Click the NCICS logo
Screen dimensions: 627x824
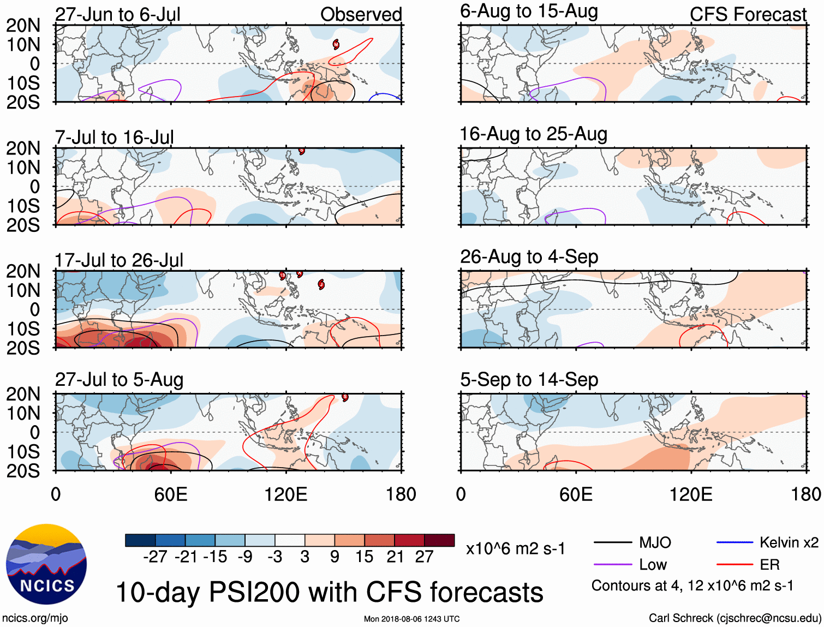(x=46, y=564)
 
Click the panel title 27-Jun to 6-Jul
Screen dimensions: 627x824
(x=117, y=15)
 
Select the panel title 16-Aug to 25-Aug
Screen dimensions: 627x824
(x=533, y=134)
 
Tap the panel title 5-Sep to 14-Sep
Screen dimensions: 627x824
(x=529, y=380)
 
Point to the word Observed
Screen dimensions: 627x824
(x=361, y=15)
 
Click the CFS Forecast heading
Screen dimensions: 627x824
(x=748, y=15)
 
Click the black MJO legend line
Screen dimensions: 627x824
(x=612, y=542)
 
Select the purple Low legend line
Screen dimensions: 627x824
(x=612, y=564)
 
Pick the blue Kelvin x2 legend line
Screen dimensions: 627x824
(x=735, y=542)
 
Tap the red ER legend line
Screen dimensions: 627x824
(x=735, y=564)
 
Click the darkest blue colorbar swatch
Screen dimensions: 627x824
(x=140, y=540)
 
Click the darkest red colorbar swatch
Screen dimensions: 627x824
(x=439, y=540)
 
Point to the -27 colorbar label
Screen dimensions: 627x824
(x=155, y=557)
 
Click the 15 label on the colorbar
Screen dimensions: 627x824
(x=365, y=557)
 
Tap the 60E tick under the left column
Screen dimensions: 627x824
(x=171, y=495)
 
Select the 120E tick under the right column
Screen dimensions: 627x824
(x=691, y=495)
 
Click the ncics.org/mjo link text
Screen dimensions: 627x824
(x=35, y=618)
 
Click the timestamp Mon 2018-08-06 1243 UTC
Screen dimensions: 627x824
(x=411, y=619)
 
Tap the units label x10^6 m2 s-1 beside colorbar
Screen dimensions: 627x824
(x=515, y=548)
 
